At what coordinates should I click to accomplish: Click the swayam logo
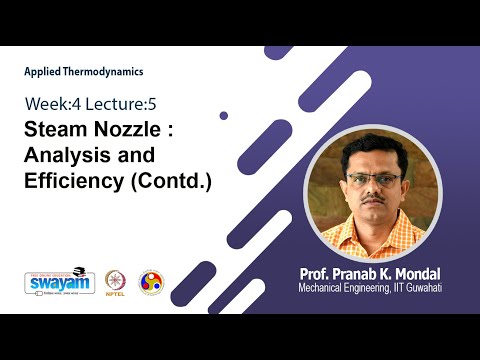pyautogui.click(x=53, y=282)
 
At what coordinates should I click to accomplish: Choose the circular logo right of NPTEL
pyautogui.click(x=151, y=281)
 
